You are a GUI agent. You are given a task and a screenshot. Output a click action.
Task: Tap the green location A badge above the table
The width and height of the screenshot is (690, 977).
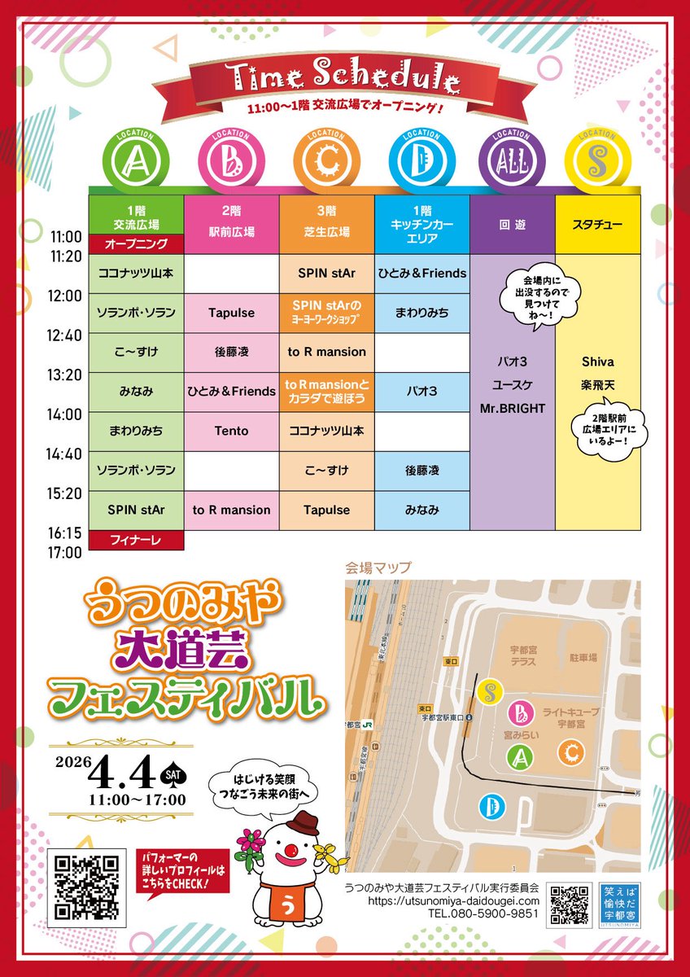coord(136,161)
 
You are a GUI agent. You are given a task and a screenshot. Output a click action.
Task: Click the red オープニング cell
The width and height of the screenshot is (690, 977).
coord(137,243)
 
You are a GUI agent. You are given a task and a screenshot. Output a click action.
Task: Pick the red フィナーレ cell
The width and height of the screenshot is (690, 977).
coord(137,540)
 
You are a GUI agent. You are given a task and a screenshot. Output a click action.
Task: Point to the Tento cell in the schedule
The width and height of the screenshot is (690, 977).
coord(232,431)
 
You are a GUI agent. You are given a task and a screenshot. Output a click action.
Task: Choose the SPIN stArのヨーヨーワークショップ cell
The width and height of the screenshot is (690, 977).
coord(327,313)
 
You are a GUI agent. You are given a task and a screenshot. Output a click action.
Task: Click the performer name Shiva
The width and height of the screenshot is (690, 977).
coord(597,361)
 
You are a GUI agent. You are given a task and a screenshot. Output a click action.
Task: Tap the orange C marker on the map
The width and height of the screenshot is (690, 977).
coord(571,751)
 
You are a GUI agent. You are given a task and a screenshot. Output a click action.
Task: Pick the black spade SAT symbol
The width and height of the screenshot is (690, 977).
coord(172,772)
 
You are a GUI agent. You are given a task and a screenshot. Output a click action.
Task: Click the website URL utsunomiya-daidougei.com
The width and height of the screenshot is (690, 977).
coord(442,901)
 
